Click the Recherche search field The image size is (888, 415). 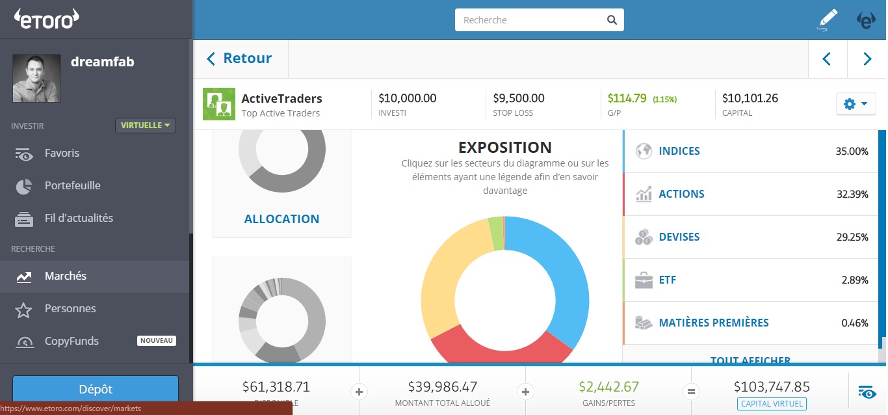530,20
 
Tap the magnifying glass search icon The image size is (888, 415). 612,20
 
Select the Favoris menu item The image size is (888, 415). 62,154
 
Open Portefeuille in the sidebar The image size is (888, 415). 72,186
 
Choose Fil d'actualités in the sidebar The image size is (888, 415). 79,219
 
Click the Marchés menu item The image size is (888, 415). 65,276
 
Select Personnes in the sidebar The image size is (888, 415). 70,309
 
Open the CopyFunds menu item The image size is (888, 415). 72,341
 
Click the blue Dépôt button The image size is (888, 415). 96,390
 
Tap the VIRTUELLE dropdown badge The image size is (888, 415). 146,126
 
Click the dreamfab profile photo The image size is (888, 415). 36,78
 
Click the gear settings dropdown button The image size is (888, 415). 855,104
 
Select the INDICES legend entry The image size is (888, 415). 679,152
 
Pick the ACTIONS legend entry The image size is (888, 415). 681,194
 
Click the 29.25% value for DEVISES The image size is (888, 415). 852,237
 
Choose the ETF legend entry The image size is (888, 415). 667,280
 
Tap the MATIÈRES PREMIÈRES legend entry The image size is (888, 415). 713,323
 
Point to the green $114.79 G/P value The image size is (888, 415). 627,99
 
